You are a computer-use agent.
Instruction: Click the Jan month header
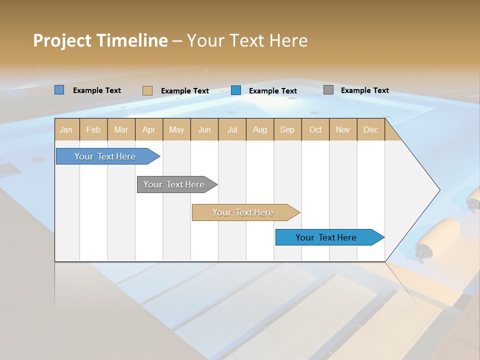click(x=66, y=129)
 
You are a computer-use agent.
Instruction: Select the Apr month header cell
click(x=149, y=129)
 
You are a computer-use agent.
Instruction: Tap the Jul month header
click(x=232, y=129)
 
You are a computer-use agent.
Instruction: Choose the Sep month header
click(x=287, y=129)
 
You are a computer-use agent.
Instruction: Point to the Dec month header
click(x=370, y=129)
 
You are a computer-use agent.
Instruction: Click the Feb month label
click(x=93, y=129)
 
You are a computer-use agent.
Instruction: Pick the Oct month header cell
click(x=315, y=129)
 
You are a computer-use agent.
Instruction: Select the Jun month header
click(x=204, y=129)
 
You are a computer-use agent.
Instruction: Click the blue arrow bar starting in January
click(x=105, y=156)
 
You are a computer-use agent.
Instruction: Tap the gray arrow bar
click(x=174, y=184)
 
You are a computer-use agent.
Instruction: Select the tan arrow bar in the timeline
click(x=243, y=212)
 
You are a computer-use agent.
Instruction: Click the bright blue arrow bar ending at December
click(x=326, y=237)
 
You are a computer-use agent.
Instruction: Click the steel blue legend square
click(x=59, y=90)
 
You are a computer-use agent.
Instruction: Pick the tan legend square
click(x=147, y=90)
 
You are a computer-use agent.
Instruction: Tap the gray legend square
click(x=328, y=90)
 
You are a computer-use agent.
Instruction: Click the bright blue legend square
click(x=236, y=90)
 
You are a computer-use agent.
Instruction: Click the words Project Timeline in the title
click(x=100, y=40)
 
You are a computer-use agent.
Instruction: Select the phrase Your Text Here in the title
click(x=247, y=40)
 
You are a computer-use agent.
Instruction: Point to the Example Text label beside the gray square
click(x=364, y=90)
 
